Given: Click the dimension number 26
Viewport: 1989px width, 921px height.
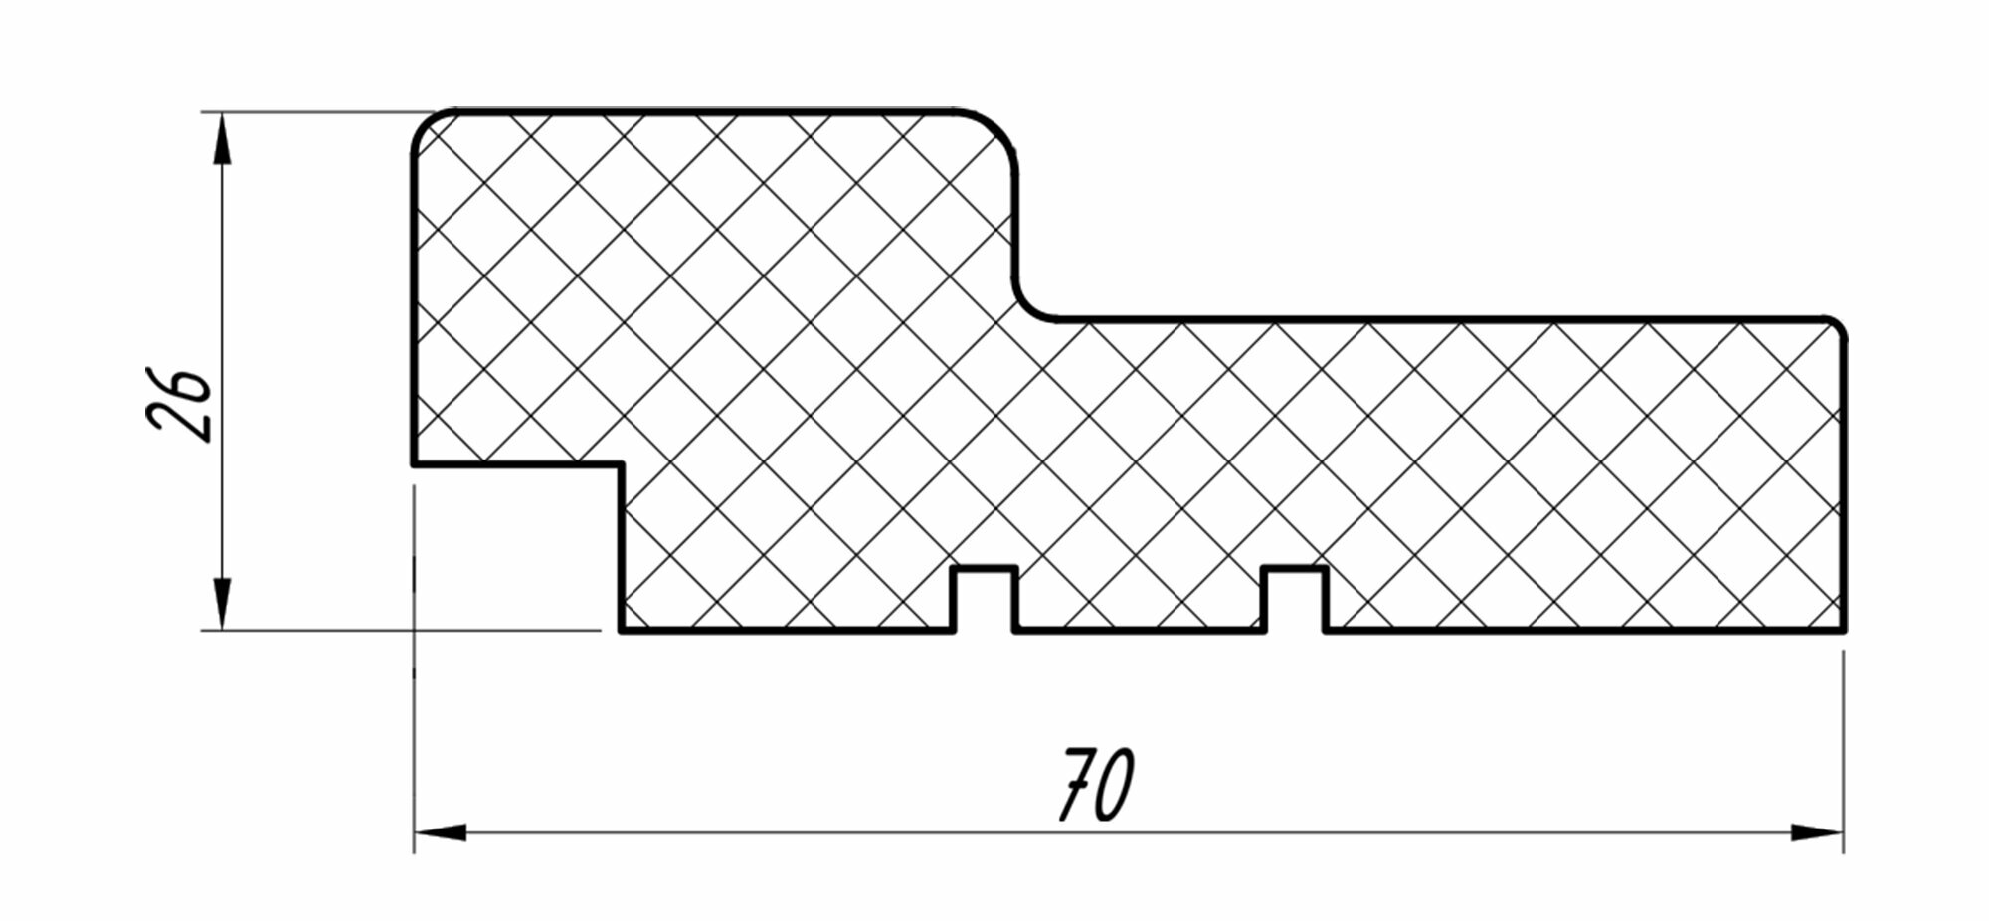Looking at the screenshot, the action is coord(180,406).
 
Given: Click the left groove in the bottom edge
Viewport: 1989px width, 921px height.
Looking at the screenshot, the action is coord(985,600).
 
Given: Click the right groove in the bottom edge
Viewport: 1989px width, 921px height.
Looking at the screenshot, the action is coord(1295,600).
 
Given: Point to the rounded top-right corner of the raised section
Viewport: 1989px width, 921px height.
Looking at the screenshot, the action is coord(1002,127).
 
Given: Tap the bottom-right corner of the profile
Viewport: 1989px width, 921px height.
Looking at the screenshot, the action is coord(1844,629).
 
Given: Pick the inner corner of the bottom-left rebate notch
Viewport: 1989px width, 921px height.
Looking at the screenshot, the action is coord(621,463).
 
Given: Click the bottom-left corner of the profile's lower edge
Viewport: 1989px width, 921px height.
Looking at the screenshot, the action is coord(622,630).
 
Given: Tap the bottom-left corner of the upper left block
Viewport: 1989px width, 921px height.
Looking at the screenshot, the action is coord(415,462).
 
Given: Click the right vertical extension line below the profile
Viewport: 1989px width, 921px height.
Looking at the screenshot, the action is coord(1843,746).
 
